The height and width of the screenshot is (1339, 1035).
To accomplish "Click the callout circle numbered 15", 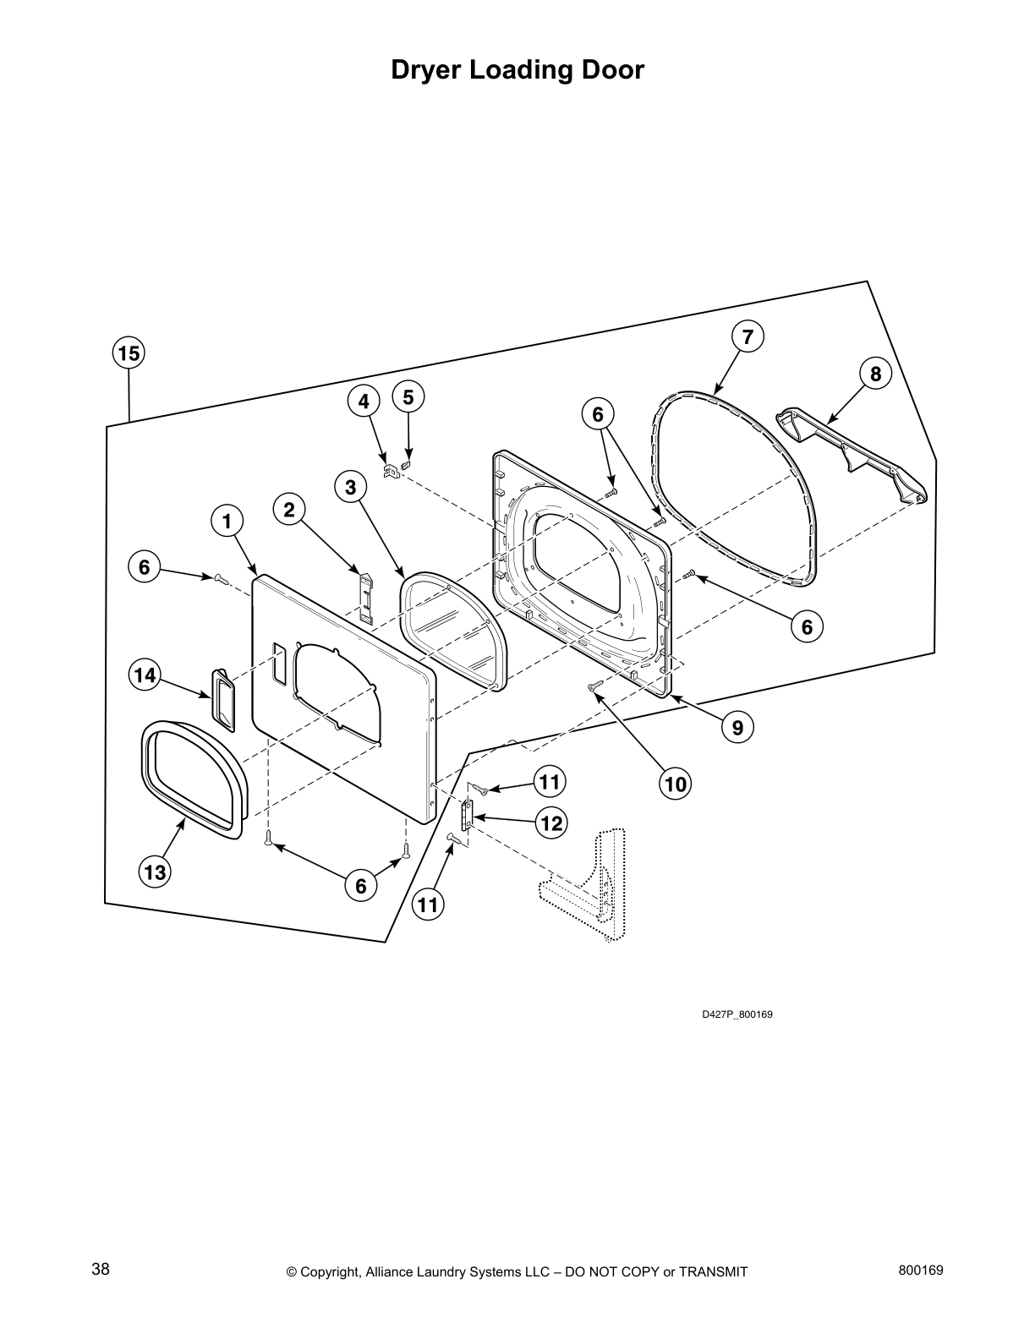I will coord(129,353).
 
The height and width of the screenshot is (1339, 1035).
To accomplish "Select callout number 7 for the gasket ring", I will coord(747,336).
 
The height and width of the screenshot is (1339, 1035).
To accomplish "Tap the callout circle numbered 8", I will coord(875,374).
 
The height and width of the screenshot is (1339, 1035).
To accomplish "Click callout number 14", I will coord(145,675).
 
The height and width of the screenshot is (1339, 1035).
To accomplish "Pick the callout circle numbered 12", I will coord(551,823).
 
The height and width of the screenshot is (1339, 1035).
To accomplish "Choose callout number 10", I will coord(675,784).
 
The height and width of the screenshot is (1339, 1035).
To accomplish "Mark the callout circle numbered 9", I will coord(737,727).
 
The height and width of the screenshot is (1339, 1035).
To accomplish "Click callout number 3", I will coord(351,487).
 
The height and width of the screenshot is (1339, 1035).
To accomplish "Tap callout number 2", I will coord(289,510).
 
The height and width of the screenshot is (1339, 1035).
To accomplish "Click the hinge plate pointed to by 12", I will coord(465,817).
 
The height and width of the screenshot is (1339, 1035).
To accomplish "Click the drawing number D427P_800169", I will coord(737,1014).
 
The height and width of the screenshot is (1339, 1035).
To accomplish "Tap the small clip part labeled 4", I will coord(390,471).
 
